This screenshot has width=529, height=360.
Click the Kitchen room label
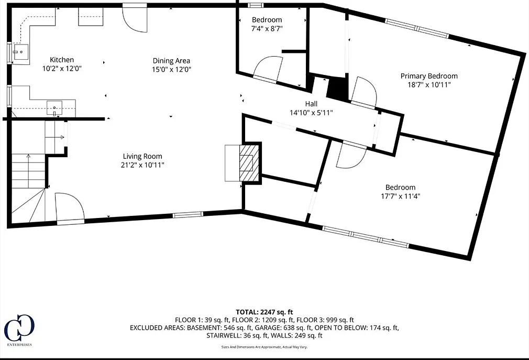pos(62,60)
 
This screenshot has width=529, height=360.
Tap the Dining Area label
pos(171,61)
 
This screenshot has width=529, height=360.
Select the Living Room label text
pos(142,156)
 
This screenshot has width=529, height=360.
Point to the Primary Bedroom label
pos(429,76)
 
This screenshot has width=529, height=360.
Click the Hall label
pos(311,104)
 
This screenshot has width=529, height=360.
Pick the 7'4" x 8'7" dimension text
pos(267,29)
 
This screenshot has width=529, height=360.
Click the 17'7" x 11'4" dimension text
pos(401,196)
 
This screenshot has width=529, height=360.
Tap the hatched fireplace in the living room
pos(249,162)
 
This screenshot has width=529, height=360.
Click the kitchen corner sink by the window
pos(20,52)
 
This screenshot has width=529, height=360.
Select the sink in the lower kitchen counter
pos(54,108)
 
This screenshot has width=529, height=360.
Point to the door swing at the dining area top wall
pos(135,18)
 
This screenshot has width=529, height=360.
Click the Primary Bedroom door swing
pos(363,91)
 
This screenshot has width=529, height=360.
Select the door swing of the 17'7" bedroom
pos(351,156)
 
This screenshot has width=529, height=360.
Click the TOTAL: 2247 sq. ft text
pos(264,312)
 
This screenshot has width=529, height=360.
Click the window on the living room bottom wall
pos(188,214)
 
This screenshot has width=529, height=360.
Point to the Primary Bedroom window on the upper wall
pos(417,29)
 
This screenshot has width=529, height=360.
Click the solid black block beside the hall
pos(337,89)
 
